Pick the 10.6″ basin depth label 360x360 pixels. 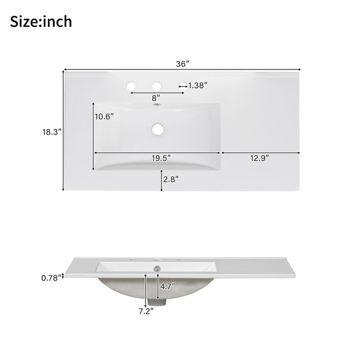(x=104, y=117)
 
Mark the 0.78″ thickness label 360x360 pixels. (x=50, y=278)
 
